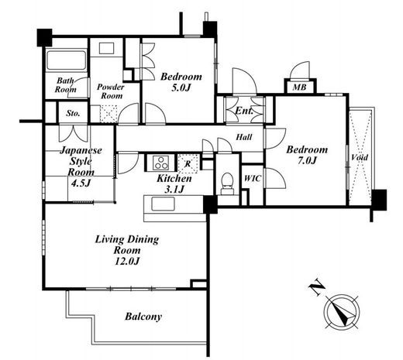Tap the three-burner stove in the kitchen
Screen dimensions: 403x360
(160, 163)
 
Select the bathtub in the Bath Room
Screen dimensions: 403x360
(66, 60)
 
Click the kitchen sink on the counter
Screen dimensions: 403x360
(163, 204)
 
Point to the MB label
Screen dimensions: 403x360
(300, 87)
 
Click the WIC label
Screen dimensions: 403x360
(253, 178)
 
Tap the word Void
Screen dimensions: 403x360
(360, 157)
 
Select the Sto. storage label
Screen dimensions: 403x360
(73, 113)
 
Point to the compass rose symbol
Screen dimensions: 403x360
(342, 312)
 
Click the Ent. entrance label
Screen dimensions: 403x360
(244, 111)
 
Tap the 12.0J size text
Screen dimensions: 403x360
(127, 262)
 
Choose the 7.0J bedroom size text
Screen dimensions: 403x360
(307, 161)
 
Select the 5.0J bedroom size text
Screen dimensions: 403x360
(181, 88)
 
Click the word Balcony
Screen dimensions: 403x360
(143, 317)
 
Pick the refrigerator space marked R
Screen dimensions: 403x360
(188, 163)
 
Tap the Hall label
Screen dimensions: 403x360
(244, 137)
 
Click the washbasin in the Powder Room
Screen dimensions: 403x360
(106, 49)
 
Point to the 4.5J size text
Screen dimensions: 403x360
(81, 183)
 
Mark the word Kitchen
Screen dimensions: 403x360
(174, 178)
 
